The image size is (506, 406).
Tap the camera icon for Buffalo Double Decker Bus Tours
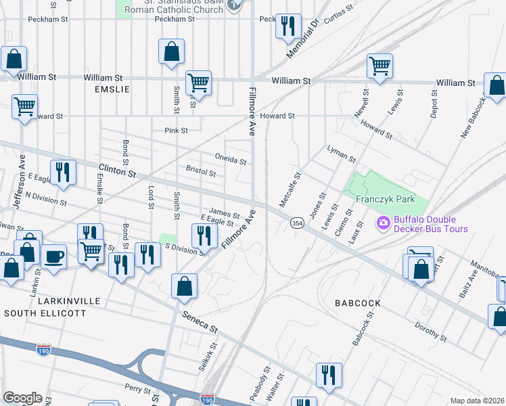pyautogui.click(x=384, y=222)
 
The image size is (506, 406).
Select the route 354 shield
pyautogui.click(x=296, y=223)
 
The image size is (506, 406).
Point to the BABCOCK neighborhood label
pyautogui.click(x=356, y=303)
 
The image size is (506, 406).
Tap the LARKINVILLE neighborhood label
pyautogui.click(x=51, y=300)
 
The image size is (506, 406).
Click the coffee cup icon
pyautogui.click(x=54, y=256)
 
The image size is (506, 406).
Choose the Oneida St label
pyautogui.click(x=231, y=161)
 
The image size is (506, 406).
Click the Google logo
pyautogui.click(x=22, y=398)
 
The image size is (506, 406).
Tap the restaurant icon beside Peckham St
pyautogui.click(x=289, y=26)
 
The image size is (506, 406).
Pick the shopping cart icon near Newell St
pyautogui.click(x=379, y=66)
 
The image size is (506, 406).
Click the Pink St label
pyautogui.click(x=175, y=130)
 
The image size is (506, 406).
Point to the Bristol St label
pyautogui.click(x=200, y=173)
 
